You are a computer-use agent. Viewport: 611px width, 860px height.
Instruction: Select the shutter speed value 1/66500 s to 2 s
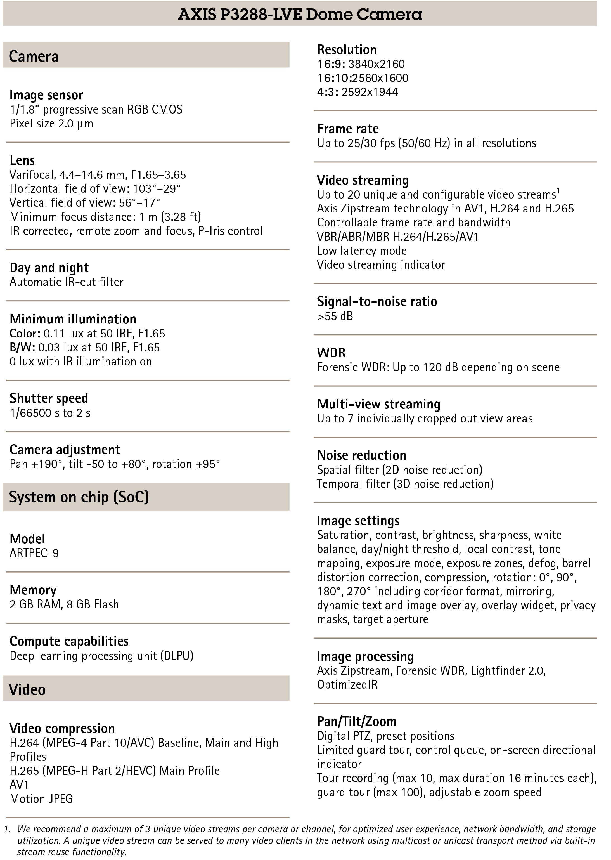(50, 413)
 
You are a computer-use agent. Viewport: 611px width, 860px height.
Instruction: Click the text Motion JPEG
(41, 799)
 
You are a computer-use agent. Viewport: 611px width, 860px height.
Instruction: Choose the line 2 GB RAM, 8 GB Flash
(64, 604)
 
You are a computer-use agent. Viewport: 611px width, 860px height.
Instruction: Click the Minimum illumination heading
(73, 319)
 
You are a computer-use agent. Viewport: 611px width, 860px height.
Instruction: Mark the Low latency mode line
(362, 251)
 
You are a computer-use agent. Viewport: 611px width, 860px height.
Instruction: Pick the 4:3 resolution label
(327, 92)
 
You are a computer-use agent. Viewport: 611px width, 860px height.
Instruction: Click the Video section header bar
(146, 689)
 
